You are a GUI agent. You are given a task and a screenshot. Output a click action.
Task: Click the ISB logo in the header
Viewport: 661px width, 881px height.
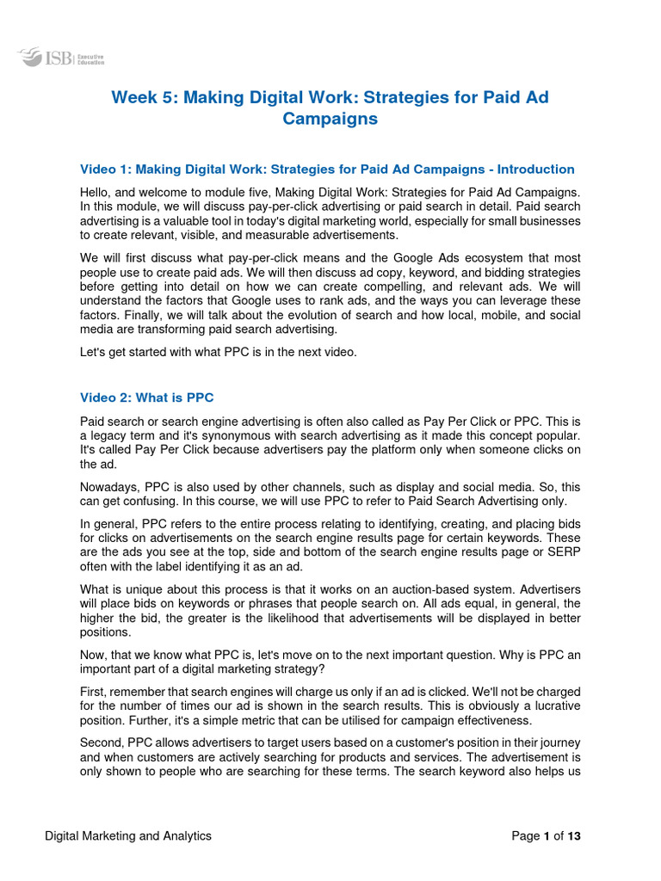pos(48,59)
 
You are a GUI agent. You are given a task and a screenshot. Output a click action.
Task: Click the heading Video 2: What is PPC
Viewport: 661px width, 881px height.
pos(146,397)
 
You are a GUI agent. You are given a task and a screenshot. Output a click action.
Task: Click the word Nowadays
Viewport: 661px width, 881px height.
pos(109,486)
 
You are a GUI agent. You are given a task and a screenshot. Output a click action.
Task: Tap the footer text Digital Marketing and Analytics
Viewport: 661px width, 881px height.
pos(128,835)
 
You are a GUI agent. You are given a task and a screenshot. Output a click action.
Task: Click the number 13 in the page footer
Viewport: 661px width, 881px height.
pos(574,835)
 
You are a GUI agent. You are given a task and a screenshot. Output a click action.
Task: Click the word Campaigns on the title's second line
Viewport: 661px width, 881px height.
pos(330,119)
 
